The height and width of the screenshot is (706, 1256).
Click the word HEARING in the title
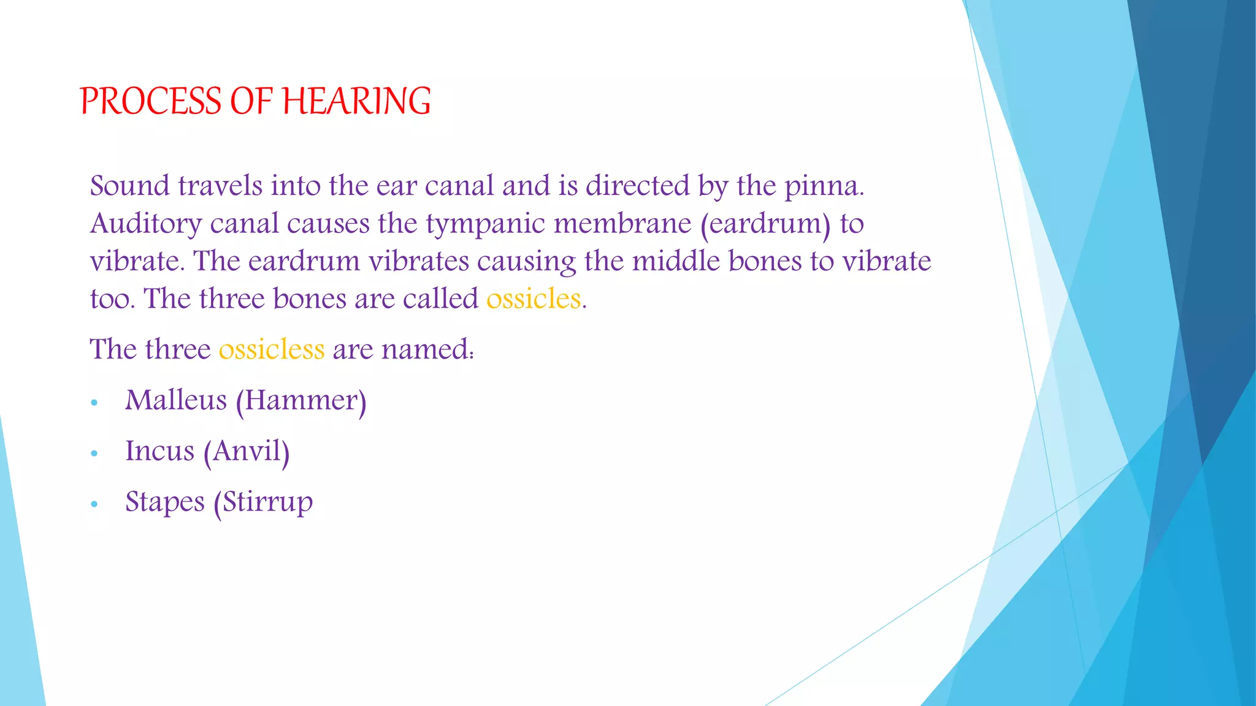(356, 101)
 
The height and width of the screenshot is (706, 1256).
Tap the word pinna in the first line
(823, 186)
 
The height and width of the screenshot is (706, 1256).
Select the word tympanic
(485, 224)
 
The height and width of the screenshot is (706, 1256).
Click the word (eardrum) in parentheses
(765, 224)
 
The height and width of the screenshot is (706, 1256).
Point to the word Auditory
(146, 224)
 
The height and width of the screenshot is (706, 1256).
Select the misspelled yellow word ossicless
(271, 350)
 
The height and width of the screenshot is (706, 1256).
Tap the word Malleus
(176, 401)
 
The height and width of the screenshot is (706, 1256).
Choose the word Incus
(159, 452)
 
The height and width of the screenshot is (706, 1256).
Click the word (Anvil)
(247, 452)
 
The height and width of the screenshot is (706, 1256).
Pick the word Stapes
(165, 503)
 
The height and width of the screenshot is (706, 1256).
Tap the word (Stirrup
(263, 503)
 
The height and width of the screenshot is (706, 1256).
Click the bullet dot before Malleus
(94, 403)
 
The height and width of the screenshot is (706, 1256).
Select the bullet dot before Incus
(94, 454)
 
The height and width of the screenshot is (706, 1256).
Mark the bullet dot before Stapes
(94, 504)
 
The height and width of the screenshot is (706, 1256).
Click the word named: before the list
(427, 350)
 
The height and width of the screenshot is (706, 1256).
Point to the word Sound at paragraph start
(129, 186)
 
